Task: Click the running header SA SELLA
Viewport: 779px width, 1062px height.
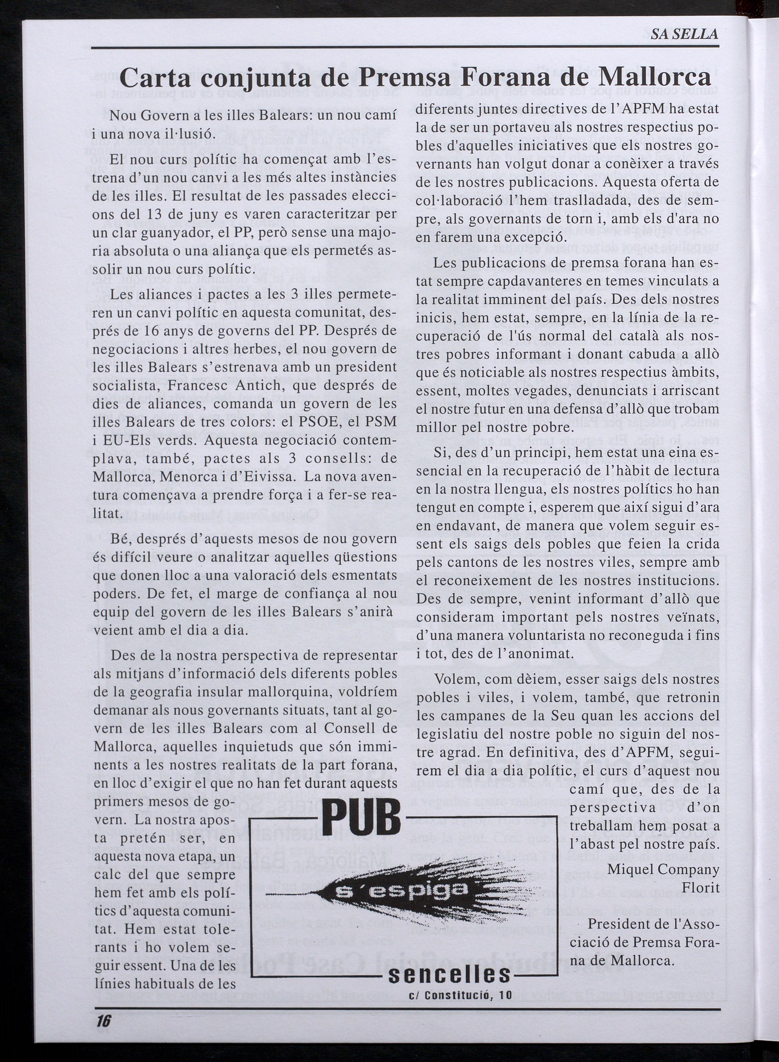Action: [x=684, y=34]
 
